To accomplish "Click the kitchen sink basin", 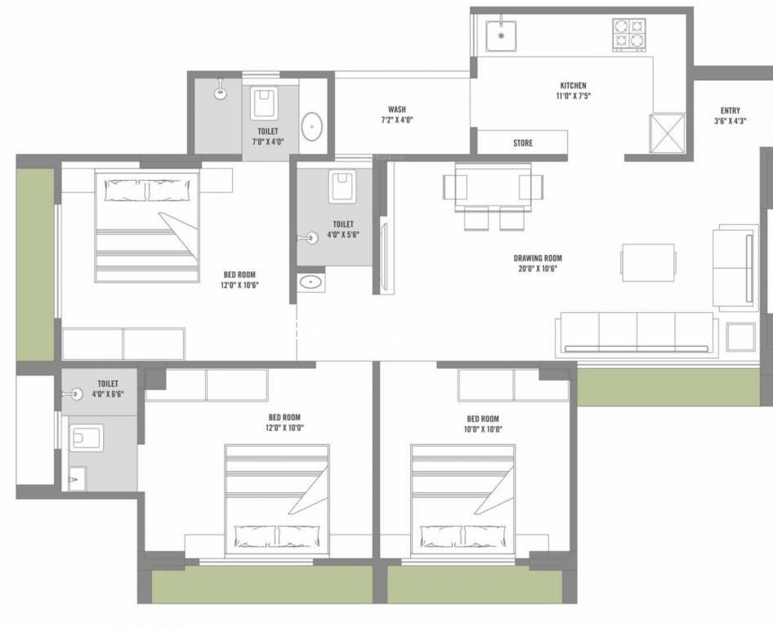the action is pos(501,35).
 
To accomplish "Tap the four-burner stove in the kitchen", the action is pos(629,35).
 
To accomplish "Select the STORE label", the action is pos(523,143).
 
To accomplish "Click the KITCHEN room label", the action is pos(574,85).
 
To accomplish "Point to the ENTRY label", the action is pos(731,110).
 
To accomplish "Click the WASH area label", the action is pos(397,109).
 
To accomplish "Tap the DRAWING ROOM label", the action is pos(538,258).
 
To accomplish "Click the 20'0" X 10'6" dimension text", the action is pos(538,269).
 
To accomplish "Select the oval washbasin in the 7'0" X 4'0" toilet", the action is pos(311,127).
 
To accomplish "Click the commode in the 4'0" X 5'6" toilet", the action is pos(342,186).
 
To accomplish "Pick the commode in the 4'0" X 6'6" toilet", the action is pos(87,438).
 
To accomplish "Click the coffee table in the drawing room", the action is pos(648,262).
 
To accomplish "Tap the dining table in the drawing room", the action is pos(493,187).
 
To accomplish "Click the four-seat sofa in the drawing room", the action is pos(636,334).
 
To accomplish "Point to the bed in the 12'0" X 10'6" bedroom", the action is pos(147,227).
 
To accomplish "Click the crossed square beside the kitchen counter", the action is pos(667,133).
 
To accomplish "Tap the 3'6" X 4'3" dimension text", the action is pos(731,121).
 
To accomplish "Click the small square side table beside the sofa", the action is pos(740,337).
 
